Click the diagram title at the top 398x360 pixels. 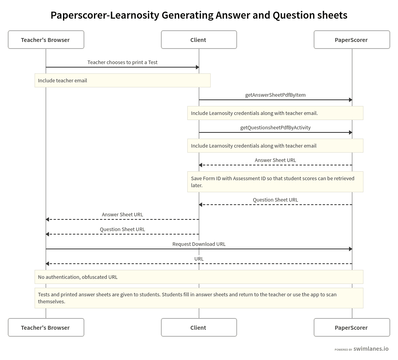tap(199, 15)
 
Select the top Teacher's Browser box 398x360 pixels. tap(46, 40)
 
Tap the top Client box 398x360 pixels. tap(199, 40)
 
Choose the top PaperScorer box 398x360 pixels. tap(351, 40)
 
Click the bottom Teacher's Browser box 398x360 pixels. tap(46, 327)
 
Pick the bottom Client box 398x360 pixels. tap(199, 327)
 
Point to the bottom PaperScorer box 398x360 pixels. tap(351, 327)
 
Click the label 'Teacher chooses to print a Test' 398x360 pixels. tap(122, 62)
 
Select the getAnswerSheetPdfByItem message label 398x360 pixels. tap(275, 95)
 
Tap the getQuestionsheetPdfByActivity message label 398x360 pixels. tap(275, 127)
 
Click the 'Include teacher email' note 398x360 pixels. tap(122, 80)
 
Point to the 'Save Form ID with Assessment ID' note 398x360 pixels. tap(275, 182)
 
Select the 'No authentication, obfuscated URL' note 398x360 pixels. tap(199, 277)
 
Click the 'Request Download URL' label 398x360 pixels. tap(199, 244)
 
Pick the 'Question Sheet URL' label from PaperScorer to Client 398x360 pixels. tap(275, 200)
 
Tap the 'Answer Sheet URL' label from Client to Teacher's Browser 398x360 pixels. tap(122, 214)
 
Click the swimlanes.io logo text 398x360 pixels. tap(371, 349)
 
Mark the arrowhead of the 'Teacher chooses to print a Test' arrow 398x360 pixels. tap(197, 67)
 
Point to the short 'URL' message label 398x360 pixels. tap(199, 259)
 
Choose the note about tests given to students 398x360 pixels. tap(199, 298)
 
